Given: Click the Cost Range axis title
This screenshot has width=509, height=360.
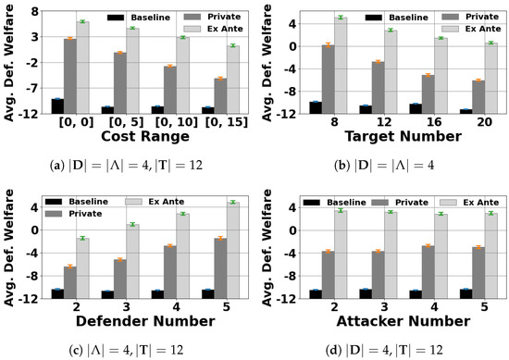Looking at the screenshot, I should [x=132, y=136].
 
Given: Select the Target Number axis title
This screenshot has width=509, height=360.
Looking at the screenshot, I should [x=403, y=136].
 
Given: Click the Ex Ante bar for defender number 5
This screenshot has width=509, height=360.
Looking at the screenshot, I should [x=233, y=250].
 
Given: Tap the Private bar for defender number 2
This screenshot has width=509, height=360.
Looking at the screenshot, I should [x=69, y=281].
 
